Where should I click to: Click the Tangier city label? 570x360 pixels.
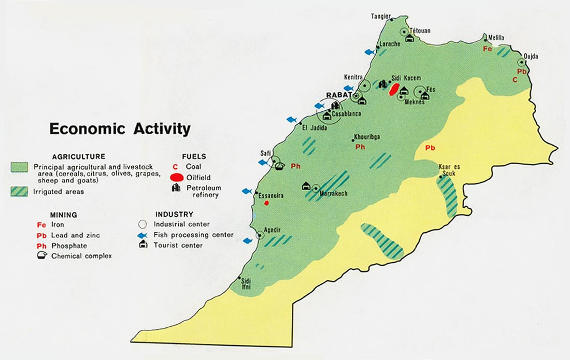click(380, 16)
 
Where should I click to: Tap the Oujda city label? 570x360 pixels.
click(531, 55)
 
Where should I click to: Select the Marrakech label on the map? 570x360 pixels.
click(334, 194)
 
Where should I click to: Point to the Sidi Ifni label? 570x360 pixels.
click(246, 283)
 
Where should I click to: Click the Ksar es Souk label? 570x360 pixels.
click(449, 170)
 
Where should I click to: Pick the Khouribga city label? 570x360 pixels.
click(367, 137)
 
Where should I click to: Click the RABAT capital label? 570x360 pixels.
click(338, 95)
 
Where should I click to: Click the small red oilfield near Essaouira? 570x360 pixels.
click(266, 203)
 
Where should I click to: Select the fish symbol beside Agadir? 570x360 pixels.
click(248, 240)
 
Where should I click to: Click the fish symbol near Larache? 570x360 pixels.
click(369, 52)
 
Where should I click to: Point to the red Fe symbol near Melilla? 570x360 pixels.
click(487, 49)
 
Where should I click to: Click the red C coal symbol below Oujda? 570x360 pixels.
click(515, 80)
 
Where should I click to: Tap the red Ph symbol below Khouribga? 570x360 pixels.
click(359, 147)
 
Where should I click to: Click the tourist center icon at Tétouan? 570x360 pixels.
click(409, 38)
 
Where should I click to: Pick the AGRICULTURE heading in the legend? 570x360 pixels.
click(79, 156)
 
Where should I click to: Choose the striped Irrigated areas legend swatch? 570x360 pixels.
click(20, 191)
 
